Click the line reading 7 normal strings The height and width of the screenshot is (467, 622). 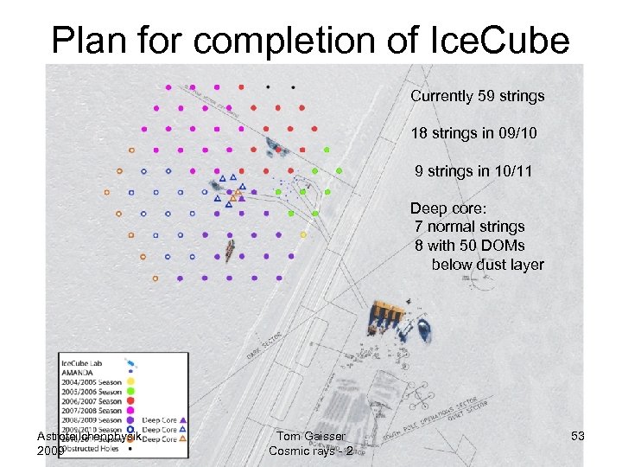(x=469, y=227)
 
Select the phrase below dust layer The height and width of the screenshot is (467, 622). (x=487, y=265)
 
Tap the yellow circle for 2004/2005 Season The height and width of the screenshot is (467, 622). (x=130, y=381)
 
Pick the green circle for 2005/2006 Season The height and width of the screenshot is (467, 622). (x=130, y=391)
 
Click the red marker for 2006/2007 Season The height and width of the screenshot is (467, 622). (x=130, y=401)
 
